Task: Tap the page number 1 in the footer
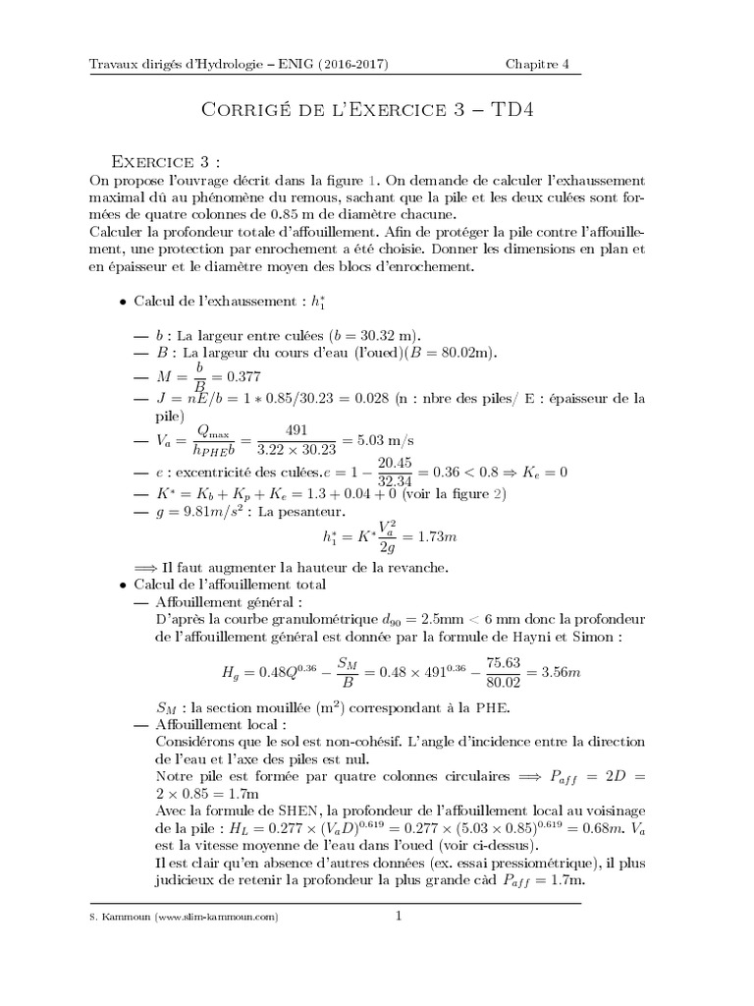click(400, 918)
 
